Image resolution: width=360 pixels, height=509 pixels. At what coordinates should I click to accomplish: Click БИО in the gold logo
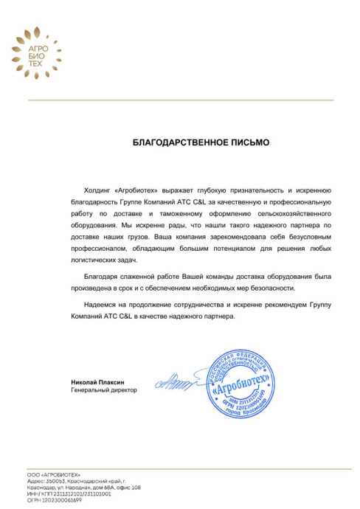coord(27,56)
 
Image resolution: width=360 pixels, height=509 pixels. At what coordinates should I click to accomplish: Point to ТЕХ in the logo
coord(27,64)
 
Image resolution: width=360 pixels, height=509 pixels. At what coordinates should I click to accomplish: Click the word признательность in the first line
coord(254,190)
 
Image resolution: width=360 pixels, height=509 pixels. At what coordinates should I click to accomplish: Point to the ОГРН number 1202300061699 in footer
coord(60,499)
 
